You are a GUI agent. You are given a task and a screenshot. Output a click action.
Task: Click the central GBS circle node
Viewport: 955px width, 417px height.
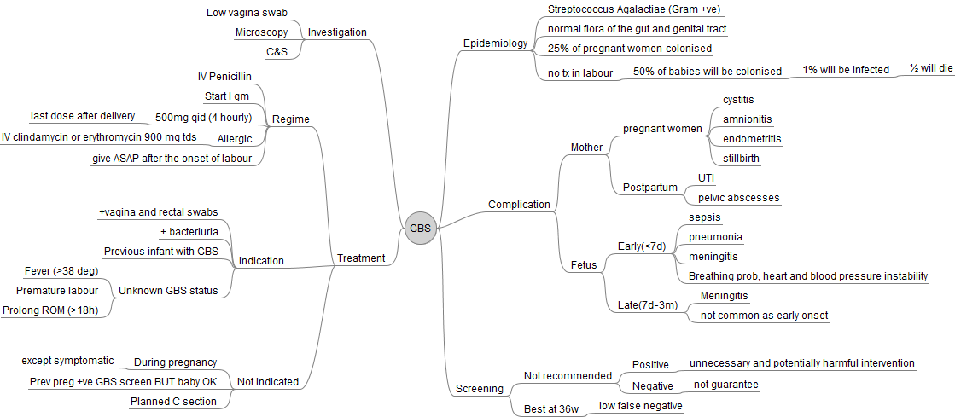420,228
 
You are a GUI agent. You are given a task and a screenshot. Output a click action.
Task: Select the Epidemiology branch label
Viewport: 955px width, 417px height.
495,43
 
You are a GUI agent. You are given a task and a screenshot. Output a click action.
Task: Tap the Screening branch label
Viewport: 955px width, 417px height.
480,389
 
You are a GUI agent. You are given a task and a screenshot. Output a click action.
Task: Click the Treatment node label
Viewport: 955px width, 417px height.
361,258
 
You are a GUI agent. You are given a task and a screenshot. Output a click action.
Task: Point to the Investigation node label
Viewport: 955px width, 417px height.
337,32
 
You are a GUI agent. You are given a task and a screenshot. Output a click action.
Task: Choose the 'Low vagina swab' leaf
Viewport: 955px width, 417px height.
247,13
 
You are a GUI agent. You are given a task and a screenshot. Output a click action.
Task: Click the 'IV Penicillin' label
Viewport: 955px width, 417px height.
224,77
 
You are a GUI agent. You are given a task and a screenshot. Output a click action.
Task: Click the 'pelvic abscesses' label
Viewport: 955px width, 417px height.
738,198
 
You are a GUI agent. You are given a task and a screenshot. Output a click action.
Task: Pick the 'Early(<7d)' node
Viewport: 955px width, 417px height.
641,246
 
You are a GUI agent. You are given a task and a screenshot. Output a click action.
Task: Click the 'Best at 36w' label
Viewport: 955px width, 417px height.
550,409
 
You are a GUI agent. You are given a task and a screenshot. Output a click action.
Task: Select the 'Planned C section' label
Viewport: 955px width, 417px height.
173,401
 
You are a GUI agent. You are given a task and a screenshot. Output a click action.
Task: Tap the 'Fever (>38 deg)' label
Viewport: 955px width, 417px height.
62,271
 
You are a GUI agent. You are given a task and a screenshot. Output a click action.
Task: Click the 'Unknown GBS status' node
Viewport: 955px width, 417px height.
168,291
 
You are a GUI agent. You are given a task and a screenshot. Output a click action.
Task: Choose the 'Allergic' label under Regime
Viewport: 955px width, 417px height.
235,139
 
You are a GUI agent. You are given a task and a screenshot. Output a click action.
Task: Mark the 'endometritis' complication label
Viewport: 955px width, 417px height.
752,138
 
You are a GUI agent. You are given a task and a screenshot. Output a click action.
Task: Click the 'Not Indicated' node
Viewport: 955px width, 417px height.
267,382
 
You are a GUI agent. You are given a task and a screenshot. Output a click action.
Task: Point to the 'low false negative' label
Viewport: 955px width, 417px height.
641,406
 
